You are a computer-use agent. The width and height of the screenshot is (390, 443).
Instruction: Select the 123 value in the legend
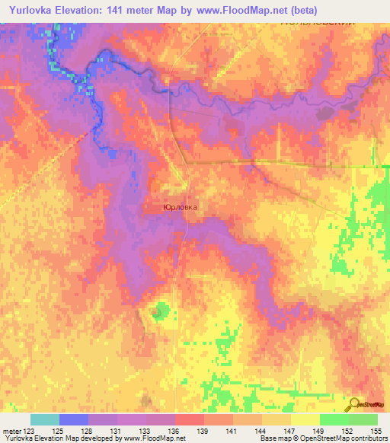(x=30, y=431)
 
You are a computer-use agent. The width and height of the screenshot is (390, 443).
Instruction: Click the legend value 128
(x=88, y=431)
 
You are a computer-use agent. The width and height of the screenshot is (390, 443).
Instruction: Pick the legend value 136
(x=174, y=431)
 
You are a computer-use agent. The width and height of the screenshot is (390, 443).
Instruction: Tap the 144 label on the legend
(x=261, y=431)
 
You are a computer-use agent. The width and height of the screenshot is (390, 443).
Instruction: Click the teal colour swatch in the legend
(x=45, y=419)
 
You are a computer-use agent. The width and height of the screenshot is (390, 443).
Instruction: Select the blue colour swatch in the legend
(x=74, y=419)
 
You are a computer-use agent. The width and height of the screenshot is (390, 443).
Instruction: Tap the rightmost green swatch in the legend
(x=363, y=419)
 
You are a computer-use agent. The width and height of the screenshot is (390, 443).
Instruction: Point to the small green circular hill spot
(x=158, y=310)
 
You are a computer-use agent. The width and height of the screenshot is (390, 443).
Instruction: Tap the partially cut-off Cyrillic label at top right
(x=318, y=24)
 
